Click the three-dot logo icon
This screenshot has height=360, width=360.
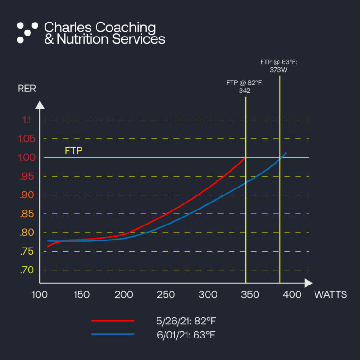click(27, 32)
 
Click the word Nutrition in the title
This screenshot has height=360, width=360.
click(82, 39)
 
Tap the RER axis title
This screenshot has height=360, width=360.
click(27, 89)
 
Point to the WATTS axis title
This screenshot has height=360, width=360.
click(330, 295)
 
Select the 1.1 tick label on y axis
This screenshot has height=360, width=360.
click(27, 120)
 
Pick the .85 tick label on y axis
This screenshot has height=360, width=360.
click(27, 214)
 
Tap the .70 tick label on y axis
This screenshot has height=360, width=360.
click(27, 270)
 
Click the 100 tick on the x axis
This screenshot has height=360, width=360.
click(39, 295)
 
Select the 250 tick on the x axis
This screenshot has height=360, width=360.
click(166, 295)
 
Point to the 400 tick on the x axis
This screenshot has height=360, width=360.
click(292, 295)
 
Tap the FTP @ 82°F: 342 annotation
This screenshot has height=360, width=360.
click(245, 87)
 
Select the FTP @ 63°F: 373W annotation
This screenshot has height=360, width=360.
click(279, 66)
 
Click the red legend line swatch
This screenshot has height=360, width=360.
click(112, 321)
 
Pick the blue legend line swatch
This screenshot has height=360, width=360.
click(112, 334)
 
